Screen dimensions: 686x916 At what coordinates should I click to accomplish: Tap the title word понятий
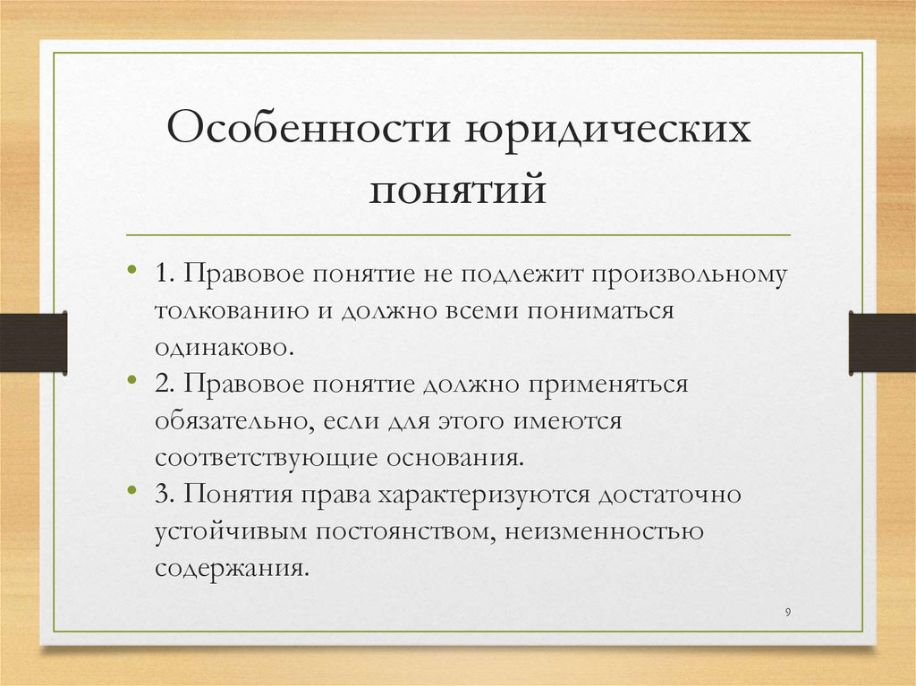point(457,191)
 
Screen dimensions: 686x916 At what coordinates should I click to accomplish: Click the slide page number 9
point(787,612)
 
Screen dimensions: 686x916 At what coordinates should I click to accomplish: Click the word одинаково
point(224,346)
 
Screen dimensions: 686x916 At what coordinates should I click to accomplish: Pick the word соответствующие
point(266,457)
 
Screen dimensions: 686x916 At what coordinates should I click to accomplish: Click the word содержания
point(230,568)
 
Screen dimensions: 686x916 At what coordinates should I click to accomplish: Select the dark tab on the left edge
point(33,342)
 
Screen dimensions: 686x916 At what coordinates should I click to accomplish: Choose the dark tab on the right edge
point(882,342)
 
